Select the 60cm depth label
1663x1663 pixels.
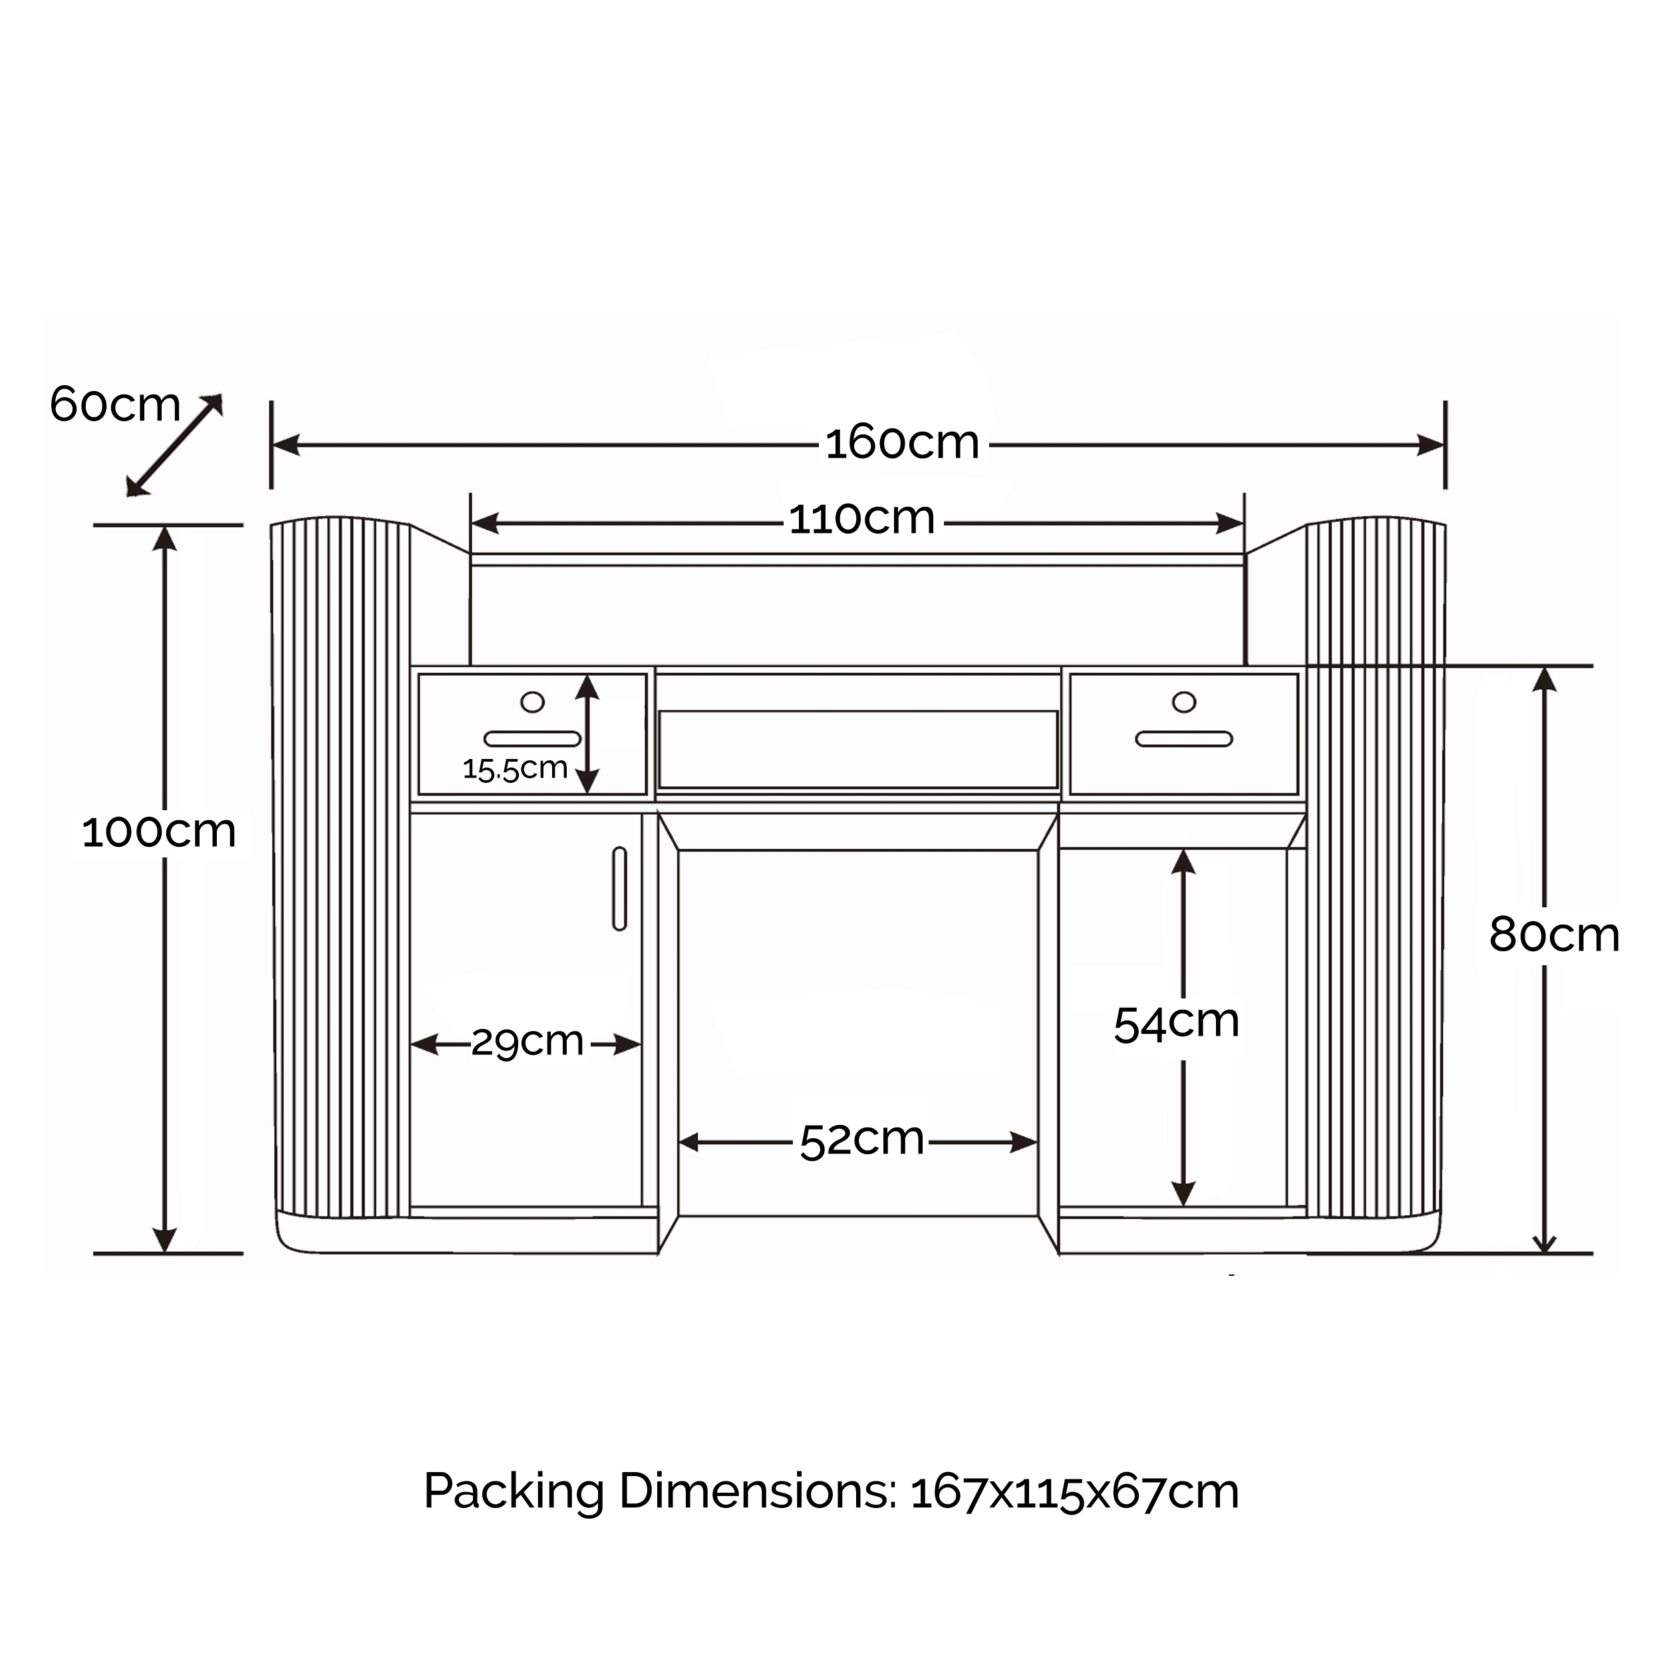click(115, 404)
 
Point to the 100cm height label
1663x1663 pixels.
click(159, 832)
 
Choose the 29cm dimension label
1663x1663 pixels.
click(528, 1043)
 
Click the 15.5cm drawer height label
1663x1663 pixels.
click(515, 768)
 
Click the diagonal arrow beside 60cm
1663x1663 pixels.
click(175, 445)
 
